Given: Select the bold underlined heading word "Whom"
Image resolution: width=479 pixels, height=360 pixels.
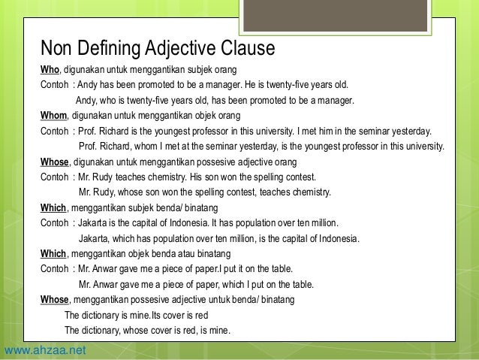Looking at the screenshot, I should [53, 116].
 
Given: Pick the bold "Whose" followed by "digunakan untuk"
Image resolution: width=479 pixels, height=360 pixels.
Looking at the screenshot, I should [55, 162].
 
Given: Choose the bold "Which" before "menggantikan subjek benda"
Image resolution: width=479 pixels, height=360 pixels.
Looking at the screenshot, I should [53, 208].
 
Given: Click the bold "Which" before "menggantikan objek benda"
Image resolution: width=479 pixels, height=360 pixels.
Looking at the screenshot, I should [53, 253].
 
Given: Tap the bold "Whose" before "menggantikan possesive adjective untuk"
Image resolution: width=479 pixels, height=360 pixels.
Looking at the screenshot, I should [55, 299].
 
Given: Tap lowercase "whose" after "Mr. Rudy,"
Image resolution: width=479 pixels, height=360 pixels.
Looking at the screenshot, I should [128, 192].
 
